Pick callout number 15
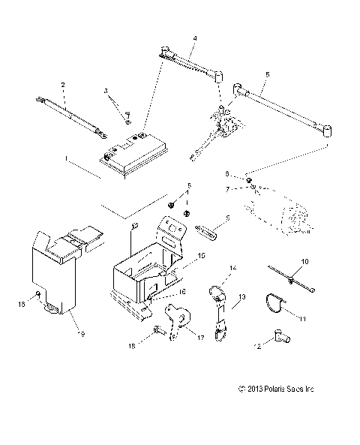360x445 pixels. coord(200,256)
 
